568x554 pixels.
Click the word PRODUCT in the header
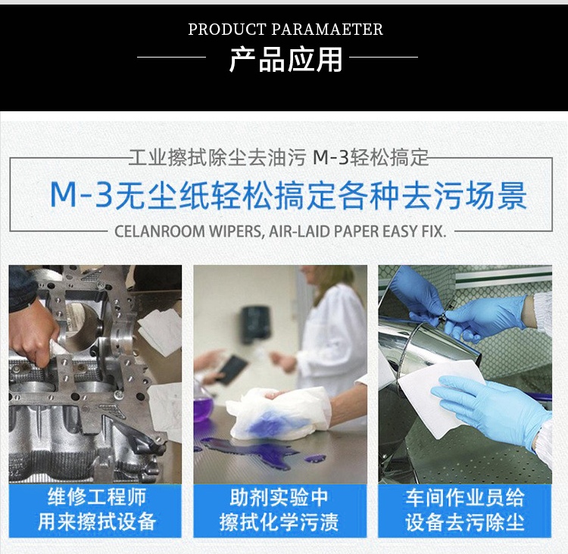click(x=227, y=30)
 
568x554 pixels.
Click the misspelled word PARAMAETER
click(x=327, y=30)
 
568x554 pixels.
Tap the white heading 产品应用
click(x=286, y=59)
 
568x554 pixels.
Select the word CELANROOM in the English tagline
click(x=159, y=231)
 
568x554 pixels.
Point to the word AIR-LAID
click(x=299, y=231)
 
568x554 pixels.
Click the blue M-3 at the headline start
click(x=81, y=195)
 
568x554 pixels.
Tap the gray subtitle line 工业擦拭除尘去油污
click(x=217, y=157)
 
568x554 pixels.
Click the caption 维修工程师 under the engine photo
click(x=97, y=496)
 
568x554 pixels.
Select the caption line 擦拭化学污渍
click(x=279, y=521)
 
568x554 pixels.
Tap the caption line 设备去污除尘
click(x=465, y=521)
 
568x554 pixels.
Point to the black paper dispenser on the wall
click(x=255, y=323)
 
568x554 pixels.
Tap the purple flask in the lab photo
click(x=204, y=406)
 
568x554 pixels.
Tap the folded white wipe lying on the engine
click(x=159, y=331)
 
